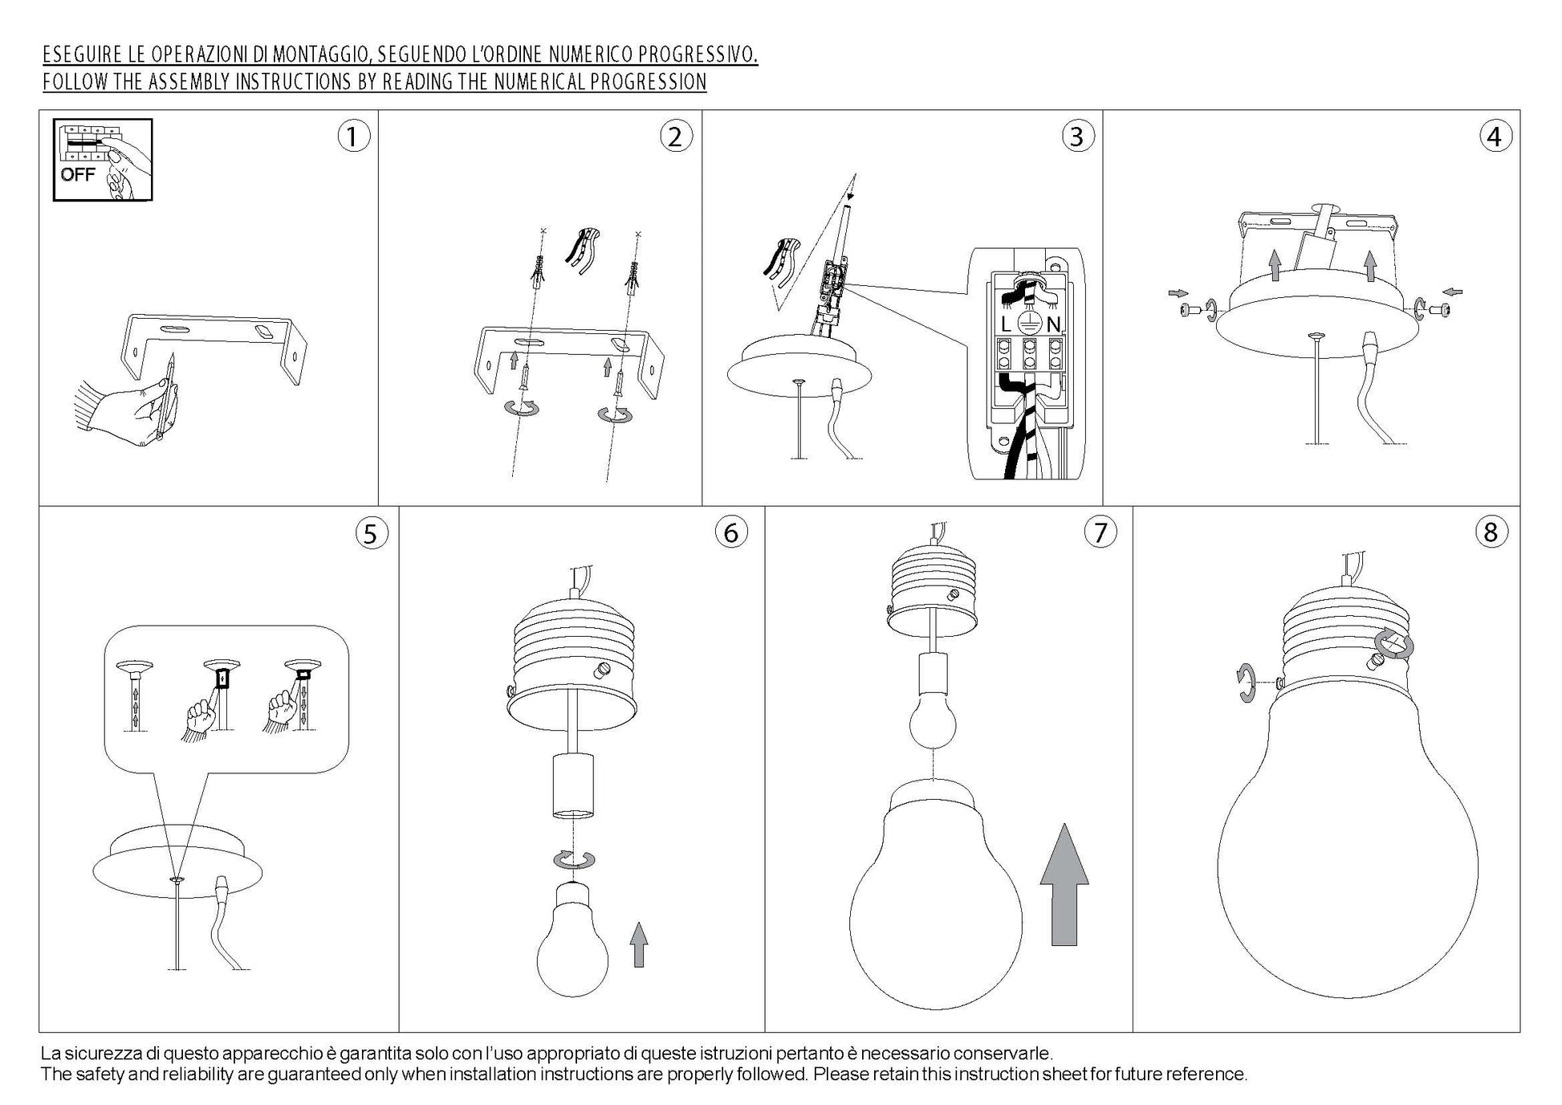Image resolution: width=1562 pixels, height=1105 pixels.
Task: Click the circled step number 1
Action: coord(353,137)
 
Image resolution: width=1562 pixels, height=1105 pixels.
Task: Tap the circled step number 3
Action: coord(1077,137)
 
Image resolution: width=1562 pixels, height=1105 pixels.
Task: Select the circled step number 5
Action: coord(370,533)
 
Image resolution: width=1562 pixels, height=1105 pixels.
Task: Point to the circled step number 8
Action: coord(1491,532)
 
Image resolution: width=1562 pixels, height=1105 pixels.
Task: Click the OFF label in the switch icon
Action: coord(77,174)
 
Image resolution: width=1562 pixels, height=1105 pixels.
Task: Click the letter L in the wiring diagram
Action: coord(1006,324)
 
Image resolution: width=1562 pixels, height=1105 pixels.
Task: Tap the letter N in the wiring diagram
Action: coord(1053,324)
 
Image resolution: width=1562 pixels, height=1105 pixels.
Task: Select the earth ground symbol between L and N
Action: coord(1029,324)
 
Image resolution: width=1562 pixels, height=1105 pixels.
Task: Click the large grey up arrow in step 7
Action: coord(1064,884)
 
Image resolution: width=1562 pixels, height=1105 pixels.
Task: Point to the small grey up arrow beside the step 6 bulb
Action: coord(638,944)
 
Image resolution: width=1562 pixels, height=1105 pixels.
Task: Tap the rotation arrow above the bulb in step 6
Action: coord(574,859)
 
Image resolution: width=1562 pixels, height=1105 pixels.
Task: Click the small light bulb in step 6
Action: coord(572,939)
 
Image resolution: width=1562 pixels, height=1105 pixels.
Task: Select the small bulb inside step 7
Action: coord(933,719)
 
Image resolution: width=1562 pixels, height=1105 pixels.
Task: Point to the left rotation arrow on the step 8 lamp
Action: coord(1245,683)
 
